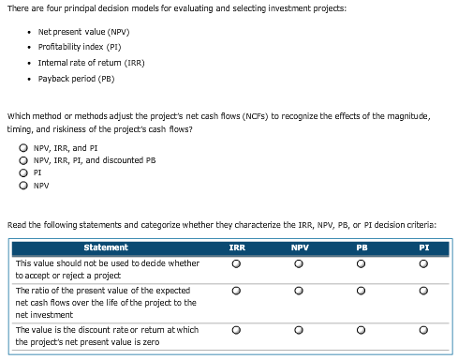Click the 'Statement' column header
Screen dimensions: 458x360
[106, 247]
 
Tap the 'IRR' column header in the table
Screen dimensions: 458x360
[237, 247]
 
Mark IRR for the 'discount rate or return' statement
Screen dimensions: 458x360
[237, 330]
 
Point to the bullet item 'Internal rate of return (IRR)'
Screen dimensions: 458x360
[91, 63]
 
